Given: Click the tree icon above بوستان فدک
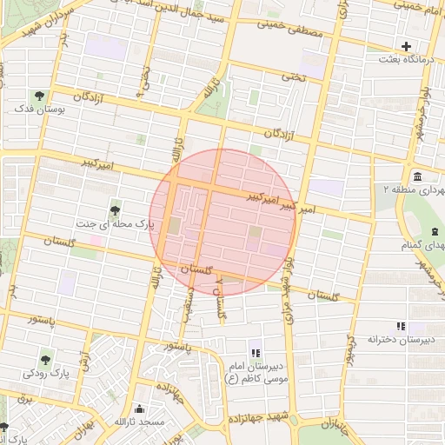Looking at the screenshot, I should [38, 95].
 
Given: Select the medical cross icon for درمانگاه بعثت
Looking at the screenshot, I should [406, 46].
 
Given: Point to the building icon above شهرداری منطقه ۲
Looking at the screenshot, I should [418, 176].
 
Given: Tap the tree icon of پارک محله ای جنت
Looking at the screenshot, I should [115, 209].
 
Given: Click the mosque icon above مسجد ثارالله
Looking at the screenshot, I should [141, 408].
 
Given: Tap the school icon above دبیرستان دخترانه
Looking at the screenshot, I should [400, 326].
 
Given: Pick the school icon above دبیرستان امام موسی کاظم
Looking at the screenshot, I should [256, 352].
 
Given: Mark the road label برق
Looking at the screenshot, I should [23, 399].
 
